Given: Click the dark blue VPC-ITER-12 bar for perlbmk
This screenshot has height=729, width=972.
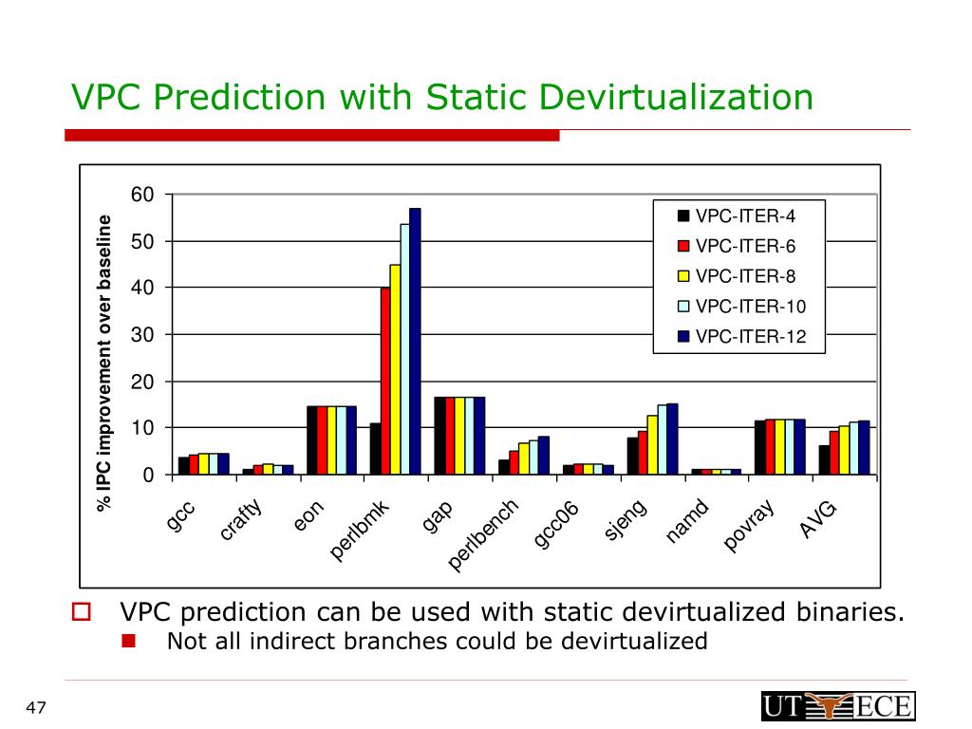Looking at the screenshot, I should [415, 342].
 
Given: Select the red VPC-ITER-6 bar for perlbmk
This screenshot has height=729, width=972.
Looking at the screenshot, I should [385, 380].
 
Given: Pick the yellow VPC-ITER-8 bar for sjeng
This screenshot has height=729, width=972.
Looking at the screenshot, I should [652, 444].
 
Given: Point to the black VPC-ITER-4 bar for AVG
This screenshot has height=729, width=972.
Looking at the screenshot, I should [825, 459].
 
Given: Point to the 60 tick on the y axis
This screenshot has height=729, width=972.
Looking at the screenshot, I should [142, 195].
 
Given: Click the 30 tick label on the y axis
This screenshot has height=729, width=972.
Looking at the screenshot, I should [142, 335].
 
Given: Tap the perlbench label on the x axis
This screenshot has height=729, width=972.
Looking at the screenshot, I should [483, 537].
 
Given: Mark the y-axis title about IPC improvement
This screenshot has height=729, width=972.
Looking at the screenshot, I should [105, 364].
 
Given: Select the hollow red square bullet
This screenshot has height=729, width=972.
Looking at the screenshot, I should [82, 612].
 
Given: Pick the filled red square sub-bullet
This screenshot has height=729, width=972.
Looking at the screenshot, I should [129, 642].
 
